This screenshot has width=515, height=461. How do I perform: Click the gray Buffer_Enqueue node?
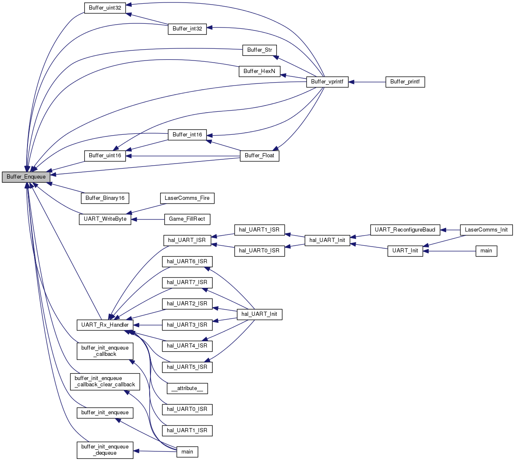pyautogui.click(x=26, y=177)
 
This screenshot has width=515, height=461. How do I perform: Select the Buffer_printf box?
pyautogui.click(x=405, y=82)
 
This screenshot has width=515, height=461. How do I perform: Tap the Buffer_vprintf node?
pyautogui.click(x=327, y=82)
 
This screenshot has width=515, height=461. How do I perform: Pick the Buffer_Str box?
pyautogui.click(x=259, y=50)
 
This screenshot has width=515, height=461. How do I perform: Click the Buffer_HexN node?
pyautogui.click(x=259, y=71)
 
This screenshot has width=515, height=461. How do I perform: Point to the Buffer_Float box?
pyautogui.click(x=259, y=156)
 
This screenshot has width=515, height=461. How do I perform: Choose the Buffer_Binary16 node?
pyautogui.click(x=105, y=198)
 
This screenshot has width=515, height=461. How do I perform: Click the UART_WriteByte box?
pyautogui.click(x=105, y=219)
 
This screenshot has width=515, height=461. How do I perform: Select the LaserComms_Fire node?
pyautogui.click(x=187, y=198)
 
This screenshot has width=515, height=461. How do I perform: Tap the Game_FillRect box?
pyautogui.click(x=187, y=219)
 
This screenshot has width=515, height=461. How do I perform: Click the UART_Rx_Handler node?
pyautogui.click(x=105, y=325)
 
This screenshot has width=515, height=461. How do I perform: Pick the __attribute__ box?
pyautogui.click(x=187, y=388)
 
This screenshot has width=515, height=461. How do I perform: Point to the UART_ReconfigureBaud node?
pyautogui.click(x=405, y=230)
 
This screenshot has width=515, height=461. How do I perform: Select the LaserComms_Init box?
pyautogui.click(x=486, y=230)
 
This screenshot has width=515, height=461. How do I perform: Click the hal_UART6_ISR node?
pyautogui.click(x=187, y=262)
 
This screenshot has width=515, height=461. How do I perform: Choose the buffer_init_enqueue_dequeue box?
pyautogui.click(x=105, y=450)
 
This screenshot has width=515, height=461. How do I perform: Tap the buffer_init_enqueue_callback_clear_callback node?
pyautogui.click(x=105, y=382)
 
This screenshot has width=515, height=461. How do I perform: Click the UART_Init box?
pyautogui.click(x=405, y=251)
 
